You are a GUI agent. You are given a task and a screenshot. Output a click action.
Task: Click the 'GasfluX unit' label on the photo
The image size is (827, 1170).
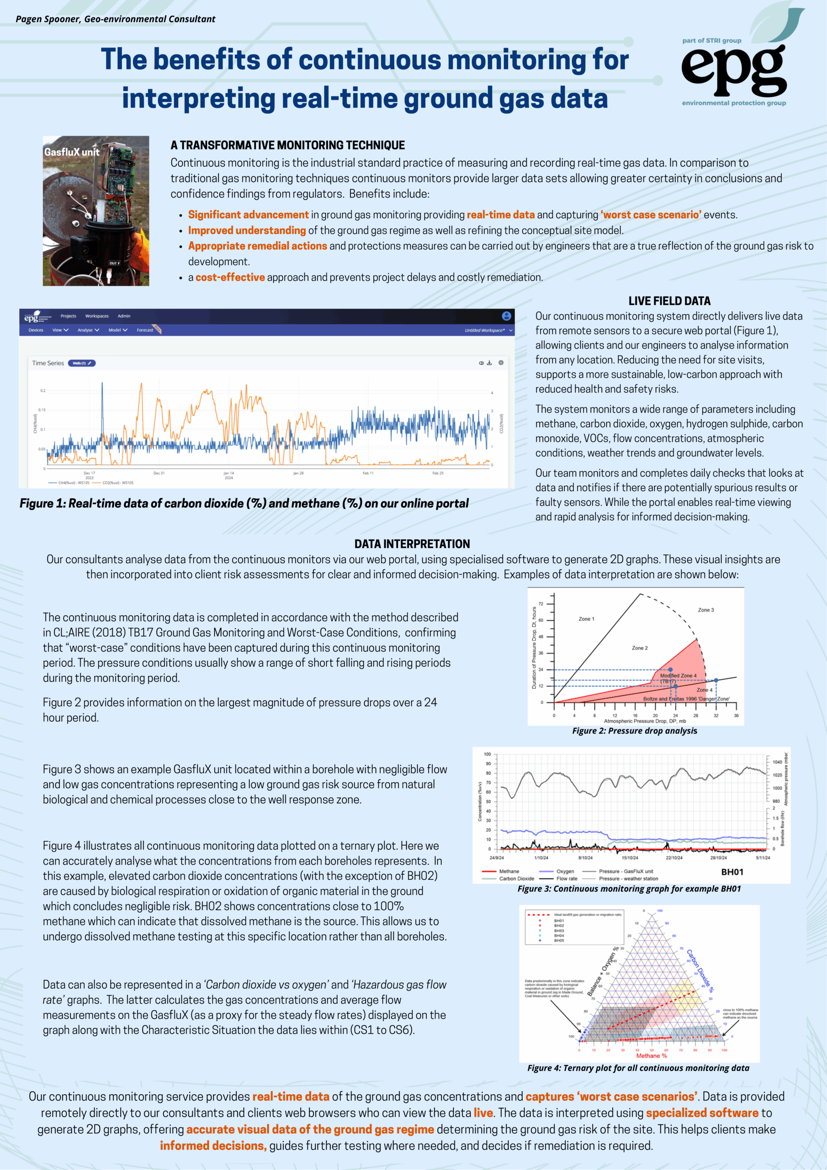[x=72, y=152]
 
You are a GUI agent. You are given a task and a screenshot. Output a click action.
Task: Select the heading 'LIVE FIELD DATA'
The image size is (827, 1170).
[x=669, y=301]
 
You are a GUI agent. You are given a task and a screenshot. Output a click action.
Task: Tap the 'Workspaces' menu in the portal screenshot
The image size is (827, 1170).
[x=97, y=316]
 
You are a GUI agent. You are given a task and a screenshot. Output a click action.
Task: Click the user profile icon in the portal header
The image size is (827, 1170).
[x=506, y=316]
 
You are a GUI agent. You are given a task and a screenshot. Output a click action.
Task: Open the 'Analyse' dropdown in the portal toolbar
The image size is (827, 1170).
[x=88, y=330]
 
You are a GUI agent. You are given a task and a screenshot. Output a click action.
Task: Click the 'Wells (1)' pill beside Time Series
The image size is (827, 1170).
[x=81, y=363]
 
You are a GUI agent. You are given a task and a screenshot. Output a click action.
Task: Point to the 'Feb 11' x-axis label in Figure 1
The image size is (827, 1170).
[x=368, y=473]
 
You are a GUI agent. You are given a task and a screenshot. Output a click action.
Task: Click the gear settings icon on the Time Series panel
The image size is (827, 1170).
[x=501, y=363]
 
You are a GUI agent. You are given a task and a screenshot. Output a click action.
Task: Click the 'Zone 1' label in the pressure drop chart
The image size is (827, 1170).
[x=586, y=619]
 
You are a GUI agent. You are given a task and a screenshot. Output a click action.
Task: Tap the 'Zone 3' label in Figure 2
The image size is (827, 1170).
[x=706, y=610]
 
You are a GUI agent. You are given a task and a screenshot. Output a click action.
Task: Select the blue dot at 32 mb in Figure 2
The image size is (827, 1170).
[x=716, y=681]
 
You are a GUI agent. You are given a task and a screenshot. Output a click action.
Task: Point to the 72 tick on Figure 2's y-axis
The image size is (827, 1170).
[x=541, y=604]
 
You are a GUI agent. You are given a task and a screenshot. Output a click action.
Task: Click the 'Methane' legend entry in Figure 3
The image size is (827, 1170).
[x=509, y=872]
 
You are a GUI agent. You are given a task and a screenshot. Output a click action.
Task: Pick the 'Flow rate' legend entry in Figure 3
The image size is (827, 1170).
[x=567, y=878]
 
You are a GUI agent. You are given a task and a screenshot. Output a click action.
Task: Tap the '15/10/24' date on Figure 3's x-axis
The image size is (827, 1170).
[x=630, y=858]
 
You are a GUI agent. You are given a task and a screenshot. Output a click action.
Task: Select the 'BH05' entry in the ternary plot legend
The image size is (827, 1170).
[x=559, y=940]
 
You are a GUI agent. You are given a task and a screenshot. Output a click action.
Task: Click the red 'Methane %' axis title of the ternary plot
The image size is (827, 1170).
[x=651, y=1055]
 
